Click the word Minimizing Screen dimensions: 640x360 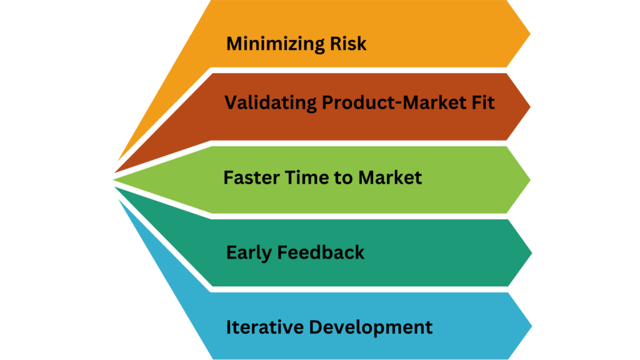pyautogui.click(x=276, y=44)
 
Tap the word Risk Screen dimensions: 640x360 pyautogui.click(x=348, y=43)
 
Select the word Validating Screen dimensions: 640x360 pyautogui.click(x=270, y=103)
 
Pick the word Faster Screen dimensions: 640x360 pyautogui.click(x=251, y=177)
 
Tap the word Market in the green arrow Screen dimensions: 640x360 pyautogui.click(x=390, y=177)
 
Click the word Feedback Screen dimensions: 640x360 pyautogui.click(x=321, y=252)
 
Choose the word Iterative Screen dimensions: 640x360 pyautogui.click(x=264, y=327)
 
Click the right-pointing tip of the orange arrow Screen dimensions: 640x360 pyautogui.click(x=530, y=34)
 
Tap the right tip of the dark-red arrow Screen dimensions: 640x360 pyautogui.click(x=530, y=107)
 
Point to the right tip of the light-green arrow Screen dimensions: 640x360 pyautogui.click(x=530, y=179)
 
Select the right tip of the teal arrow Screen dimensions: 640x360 pyautogui.click(x=532, y=253)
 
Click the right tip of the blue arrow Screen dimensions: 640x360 pyautogui.click(x=532, y=326)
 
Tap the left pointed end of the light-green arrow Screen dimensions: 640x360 pyautogui.click(x=113, y=179)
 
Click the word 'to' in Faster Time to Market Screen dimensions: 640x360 pyautogui.click(x=341, y=178)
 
